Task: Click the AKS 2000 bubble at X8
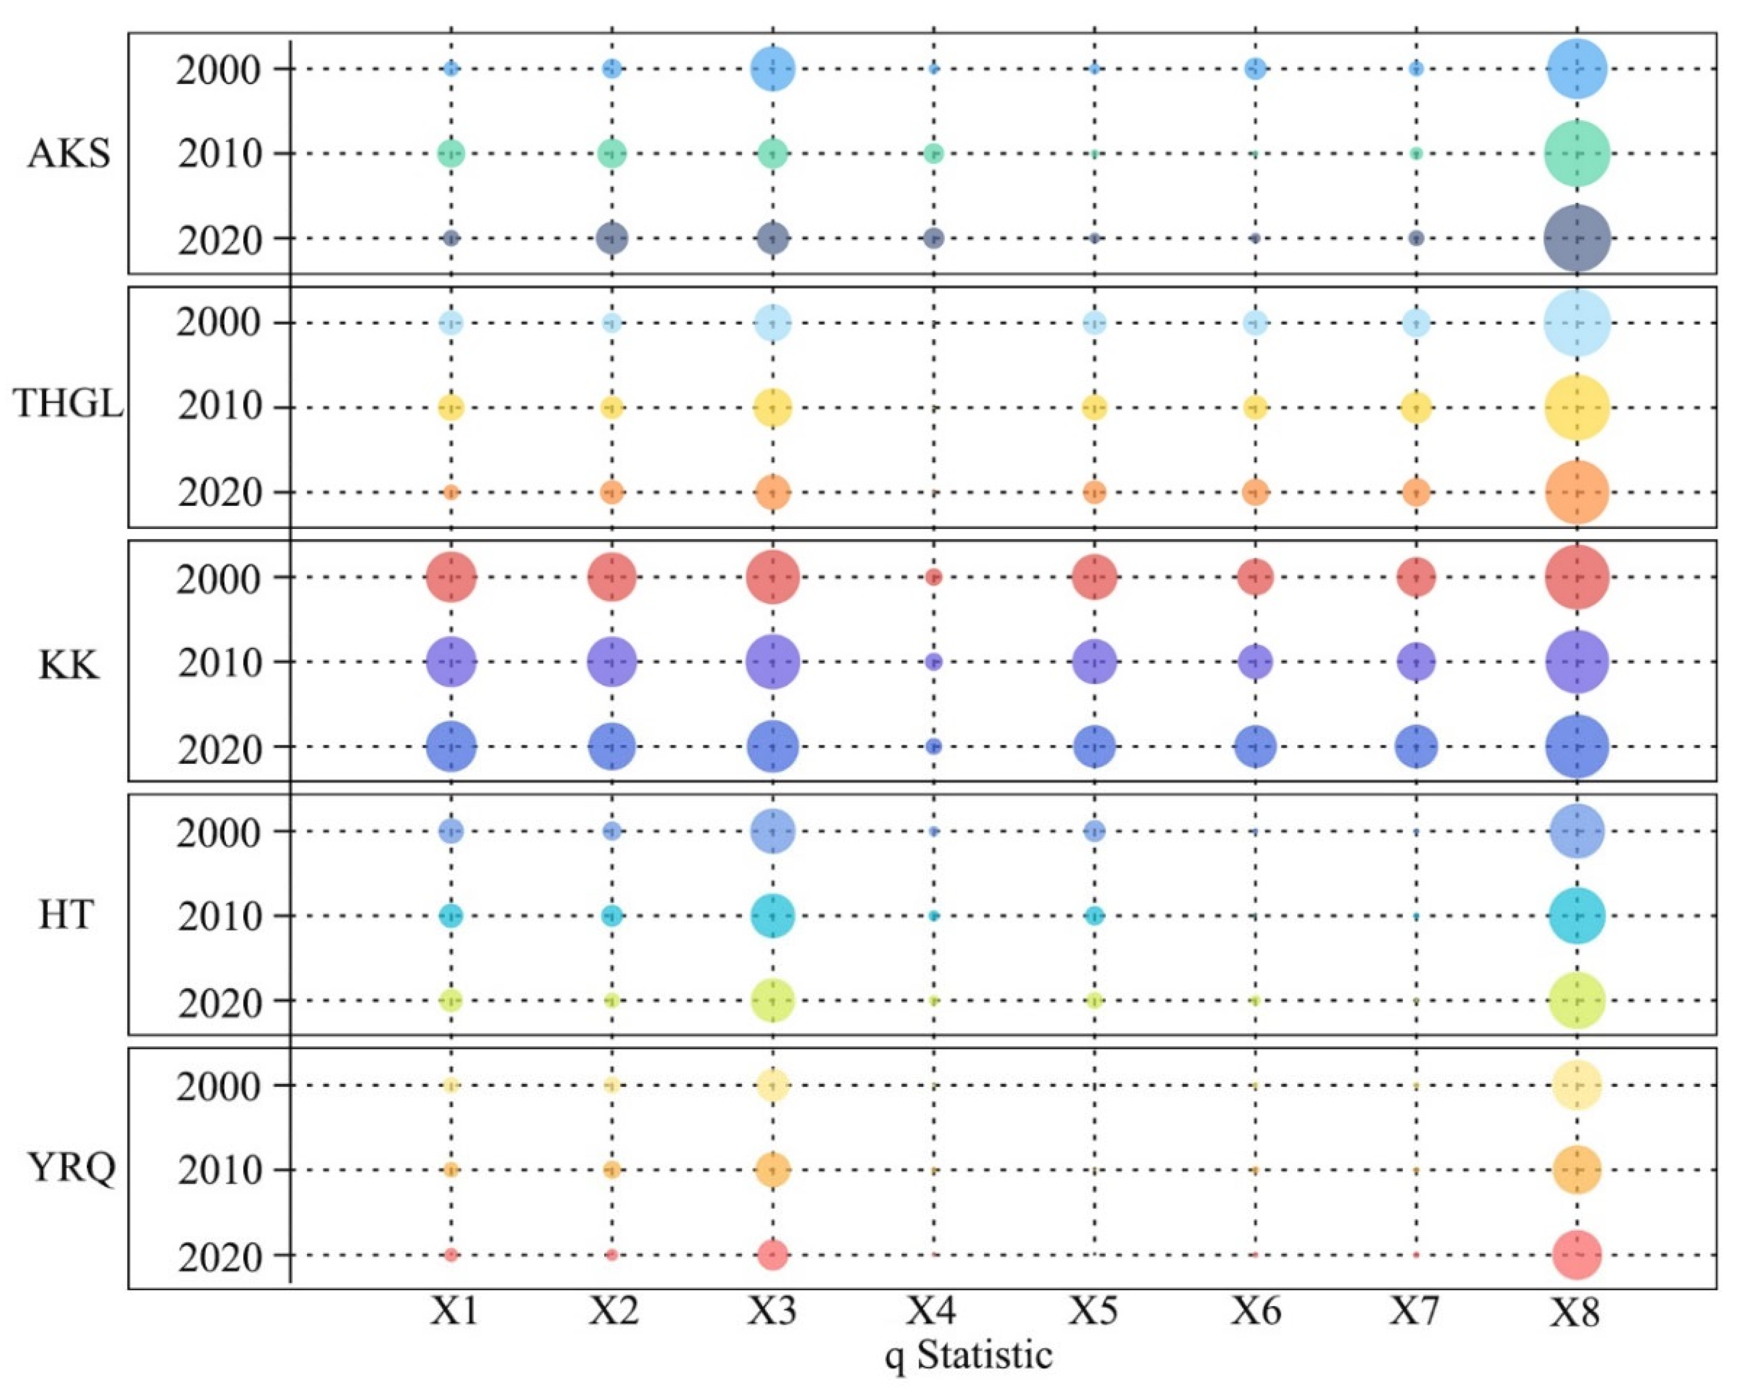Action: (1578, 69)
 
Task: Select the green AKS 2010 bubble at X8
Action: (1578, 153)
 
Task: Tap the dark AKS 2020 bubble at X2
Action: (612, 238)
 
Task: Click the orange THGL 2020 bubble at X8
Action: (1578, 492)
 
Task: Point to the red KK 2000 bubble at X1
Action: (451, 577)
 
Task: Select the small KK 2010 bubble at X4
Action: (933, 662)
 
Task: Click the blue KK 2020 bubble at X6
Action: (1255, 746)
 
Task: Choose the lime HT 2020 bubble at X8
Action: (1578, 1000)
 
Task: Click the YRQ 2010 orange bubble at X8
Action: (1578, 1170)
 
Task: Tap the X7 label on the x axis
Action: (1414, 1311)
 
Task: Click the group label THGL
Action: (69, 403)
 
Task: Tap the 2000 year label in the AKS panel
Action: (220, 72)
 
